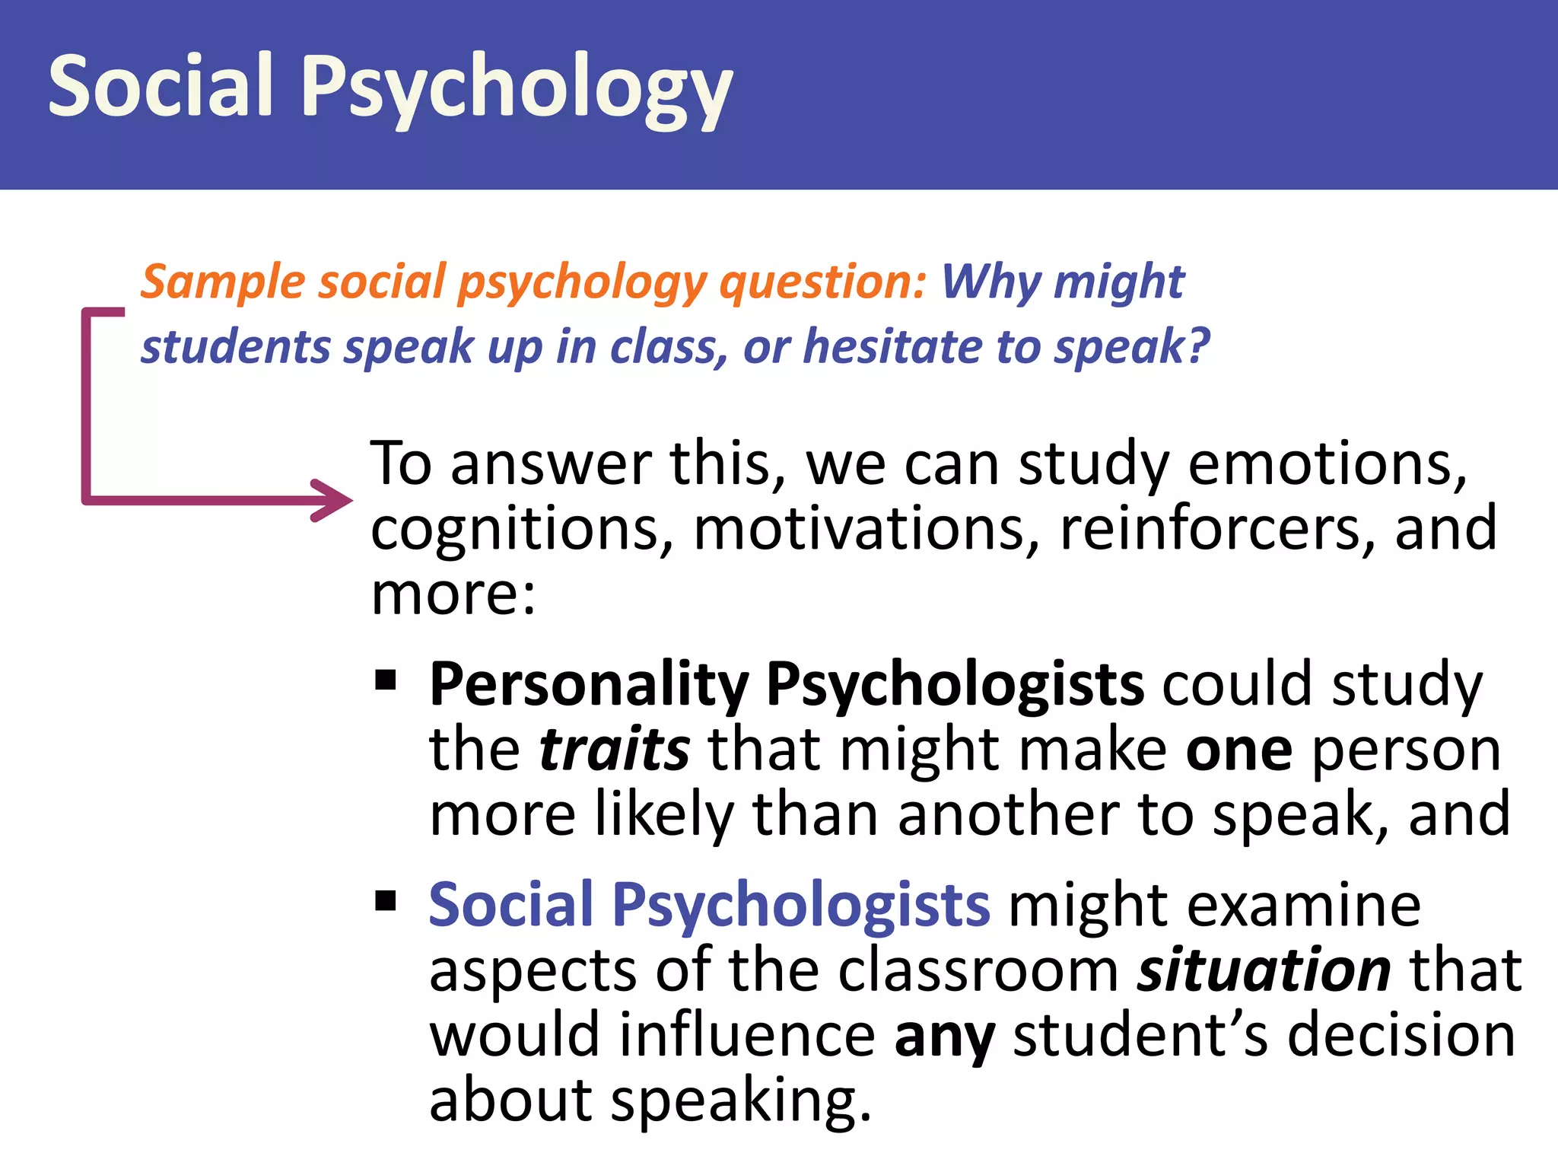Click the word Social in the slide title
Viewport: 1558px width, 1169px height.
coord(161,85)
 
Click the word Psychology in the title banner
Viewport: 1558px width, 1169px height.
coord(517,90)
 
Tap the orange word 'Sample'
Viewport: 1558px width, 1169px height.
coord(223,282)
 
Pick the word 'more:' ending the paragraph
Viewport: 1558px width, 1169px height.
coord(453,594)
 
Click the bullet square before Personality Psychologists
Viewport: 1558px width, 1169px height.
coord(386,678)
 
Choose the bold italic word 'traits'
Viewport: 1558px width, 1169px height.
coord(615,750)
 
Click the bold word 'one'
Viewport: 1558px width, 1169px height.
coord(1239,750)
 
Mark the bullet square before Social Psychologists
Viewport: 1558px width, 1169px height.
coord(386,900)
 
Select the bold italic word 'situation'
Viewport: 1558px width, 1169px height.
coord(1264,970)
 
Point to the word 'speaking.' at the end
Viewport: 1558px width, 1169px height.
coord(741,1101)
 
